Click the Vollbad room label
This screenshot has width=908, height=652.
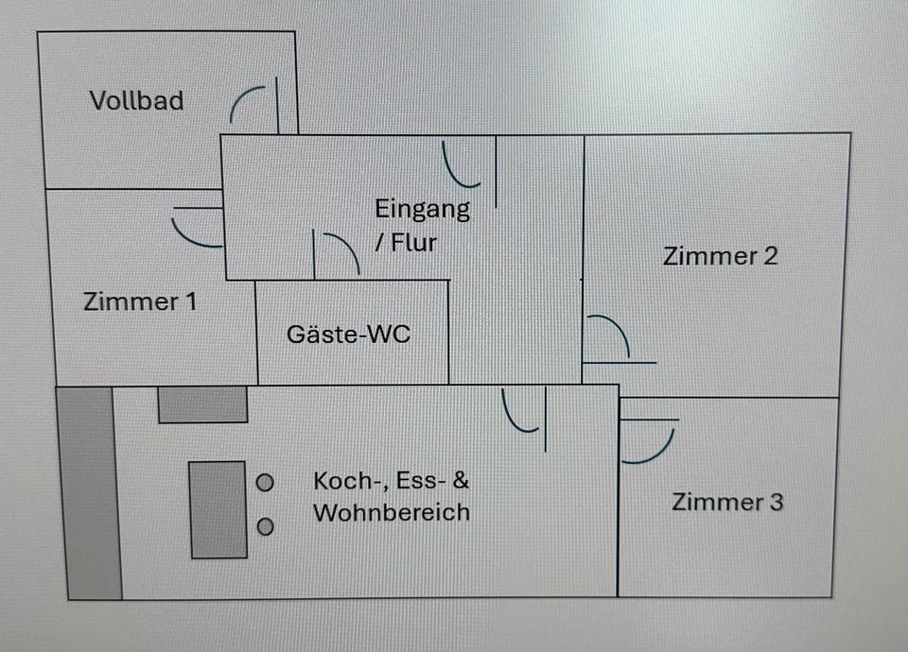coord(137,100)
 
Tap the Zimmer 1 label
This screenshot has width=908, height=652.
coord(140,302)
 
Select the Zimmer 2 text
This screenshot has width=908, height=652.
coord(721,256)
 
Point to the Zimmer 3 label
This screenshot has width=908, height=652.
coord(727,502)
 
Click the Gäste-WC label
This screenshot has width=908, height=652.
coord(349,334)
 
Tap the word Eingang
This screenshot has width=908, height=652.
coord(422,209)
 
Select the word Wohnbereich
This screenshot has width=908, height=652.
coord(392,513)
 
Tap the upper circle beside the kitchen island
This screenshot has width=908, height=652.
coord(266,483)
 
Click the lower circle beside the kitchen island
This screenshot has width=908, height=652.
coord(266,527)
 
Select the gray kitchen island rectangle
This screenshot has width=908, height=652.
coord(218,509)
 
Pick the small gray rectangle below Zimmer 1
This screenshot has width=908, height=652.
coord(202,404)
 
